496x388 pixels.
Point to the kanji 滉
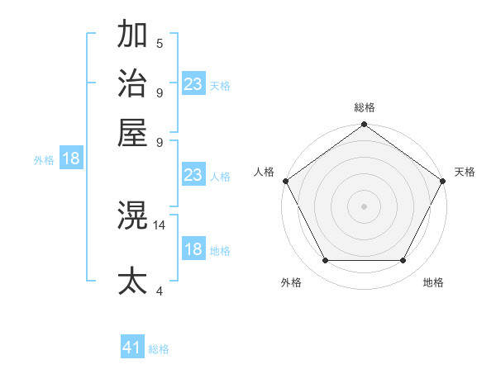(x=133, y=216)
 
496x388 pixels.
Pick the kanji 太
(x=133, y=280)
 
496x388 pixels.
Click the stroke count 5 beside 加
(x=159, y=44)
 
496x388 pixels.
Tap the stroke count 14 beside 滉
(x=160, y=225)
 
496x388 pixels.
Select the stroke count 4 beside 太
(x=159, y=290)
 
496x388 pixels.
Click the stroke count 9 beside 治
(x=159, y=92)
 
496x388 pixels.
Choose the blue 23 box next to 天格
(x=193, y=84)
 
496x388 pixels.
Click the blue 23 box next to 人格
(x=193, y=175)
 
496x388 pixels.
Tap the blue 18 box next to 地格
(x=193, y=250)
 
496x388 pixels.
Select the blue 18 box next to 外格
(x=71, y=159)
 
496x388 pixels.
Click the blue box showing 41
(x=132, y=348)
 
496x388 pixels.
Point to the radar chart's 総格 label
(x=364, y=107)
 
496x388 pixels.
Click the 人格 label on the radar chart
(x=265, y=172)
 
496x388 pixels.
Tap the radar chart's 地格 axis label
(x=433, y=283)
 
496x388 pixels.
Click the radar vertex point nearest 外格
(x=325, y=261)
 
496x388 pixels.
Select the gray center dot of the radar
(x=364, y=206)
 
